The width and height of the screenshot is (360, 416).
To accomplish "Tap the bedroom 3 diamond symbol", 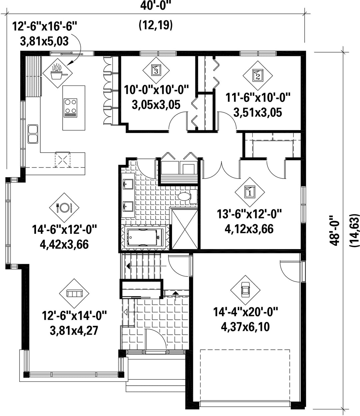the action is pos(156,70).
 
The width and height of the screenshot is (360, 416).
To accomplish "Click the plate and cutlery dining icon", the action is pos(64,208).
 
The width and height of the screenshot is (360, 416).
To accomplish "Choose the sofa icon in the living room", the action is pos(74,294).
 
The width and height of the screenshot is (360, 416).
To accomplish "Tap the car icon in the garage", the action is pos(245,290).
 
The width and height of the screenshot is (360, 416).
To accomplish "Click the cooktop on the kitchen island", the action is pos(70,108).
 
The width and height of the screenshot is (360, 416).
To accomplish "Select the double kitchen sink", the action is pos(33,134).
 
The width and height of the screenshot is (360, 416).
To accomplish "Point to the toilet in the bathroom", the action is pos(188,197).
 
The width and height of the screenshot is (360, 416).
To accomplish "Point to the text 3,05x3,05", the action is pos(156,105).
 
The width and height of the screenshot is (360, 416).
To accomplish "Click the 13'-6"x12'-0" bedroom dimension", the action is pos(249,214).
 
